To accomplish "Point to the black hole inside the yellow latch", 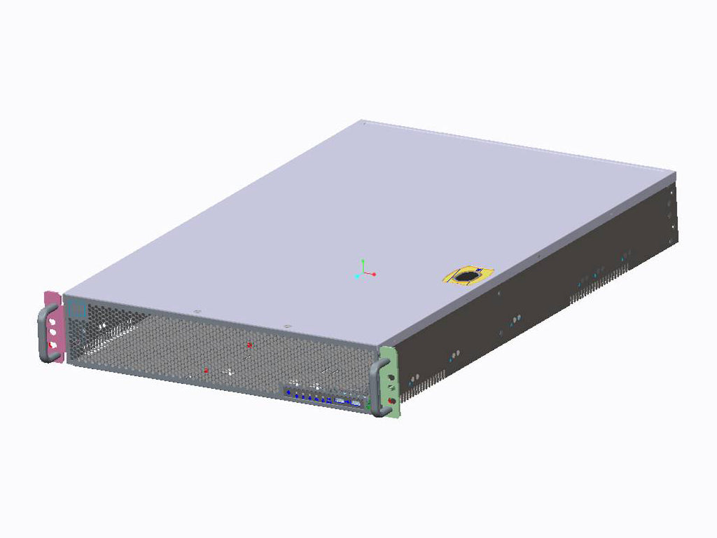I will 464,278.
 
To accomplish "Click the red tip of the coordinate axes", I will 375,274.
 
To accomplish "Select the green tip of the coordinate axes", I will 363,260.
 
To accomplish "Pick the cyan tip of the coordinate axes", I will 357,277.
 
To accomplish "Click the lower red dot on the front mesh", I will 205,370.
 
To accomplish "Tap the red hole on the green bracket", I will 390,400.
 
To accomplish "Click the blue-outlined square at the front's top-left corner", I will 76,309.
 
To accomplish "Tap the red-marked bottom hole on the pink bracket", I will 54,345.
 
